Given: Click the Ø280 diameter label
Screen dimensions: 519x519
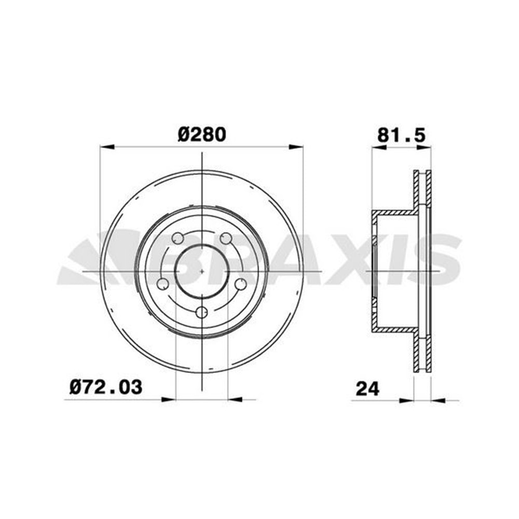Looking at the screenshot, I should point(202,134).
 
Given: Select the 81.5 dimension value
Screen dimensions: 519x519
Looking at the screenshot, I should point(401,135).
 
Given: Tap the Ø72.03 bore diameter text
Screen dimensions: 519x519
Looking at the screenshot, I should point(105,387).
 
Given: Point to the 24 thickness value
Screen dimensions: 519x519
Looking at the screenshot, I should point(367,388).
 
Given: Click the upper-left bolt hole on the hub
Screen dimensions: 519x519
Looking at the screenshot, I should point(177,238).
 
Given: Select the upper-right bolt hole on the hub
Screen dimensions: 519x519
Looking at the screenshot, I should point(226,238).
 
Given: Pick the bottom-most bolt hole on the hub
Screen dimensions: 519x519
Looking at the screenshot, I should point(202,312).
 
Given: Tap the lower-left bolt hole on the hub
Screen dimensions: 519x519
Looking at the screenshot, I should point(163,284).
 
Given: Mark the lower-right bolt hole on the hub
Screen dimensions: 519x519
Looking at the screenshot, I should point(241,284).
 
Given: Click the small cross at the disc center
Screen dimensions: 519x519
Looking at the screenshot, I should point(202,270).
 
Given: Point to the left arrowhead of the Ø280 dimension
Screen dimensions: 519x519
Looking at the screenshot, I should point(107,147).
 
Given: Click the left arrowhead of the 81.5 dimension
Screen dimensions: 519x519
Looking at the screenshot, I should point(378,148).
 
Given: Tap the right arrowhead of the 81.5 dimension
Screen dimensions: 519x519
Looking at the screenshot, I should point(424,148).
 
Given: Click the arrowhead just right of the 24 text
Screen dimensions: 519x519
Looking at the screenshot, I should point(406,400).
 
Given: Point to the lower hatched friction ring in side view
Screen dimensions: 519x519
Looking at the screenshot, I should point(422,353).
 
